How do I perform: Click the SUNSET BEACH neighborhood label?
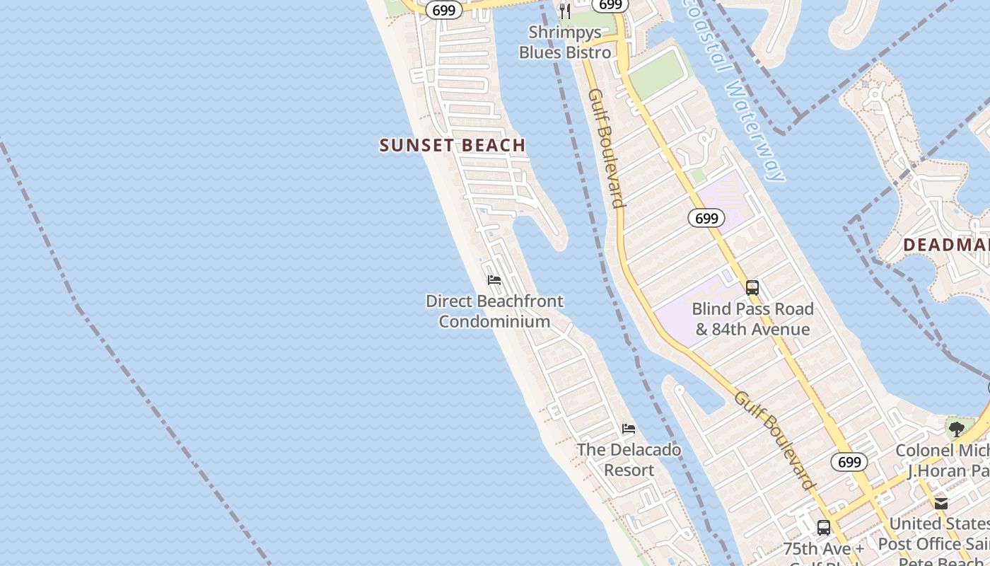[x=453, y=146]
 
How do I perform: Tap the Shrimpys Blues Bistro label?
[x=565, y=42]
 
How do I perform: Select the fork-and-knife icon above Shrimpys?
[x=564, y=11]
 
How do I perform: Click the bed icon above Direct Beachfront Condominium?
[x=494, y=280]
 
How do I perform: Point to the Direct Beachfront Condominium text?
[x=494, y=311]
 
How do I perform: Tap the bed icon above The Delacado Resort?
[x=629, y=429]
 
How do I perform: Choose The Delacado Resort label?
[x=629, y=460]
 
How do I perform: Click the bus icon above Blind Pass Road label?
[x=752, y=288]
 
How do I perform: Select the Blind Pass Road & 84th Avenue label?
[x=752, y=319]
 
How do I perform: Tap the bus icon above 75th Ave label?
[x=824, y=528]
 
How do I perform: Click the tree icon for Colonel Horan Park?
[x=957, y=429]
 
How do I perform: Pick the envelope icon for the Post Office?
[x=941, y=503]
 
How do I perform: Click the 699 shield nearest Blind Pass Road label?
[x=706, y=218]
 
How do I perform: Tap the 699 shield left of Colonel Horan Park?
[x=849, y=462]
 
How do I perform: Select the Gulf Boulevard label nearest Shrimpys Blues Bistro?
[x=607, y=149]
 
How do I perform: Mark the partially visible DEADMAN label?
[x=946, y=246]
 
